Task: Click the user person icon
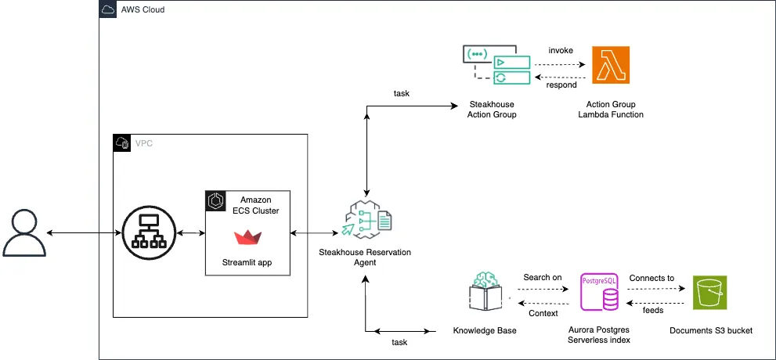click(23, 233)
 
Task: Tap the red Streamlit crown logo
click(247, 237)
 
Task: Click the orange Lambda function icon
click(611, 66)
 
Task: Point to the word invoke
click(560, 50)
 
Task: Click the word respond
click(561, 85)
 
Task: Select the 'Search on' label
click(542, 278)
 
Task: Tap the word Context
click(543, 313)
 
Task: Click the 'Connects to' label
click(651, 278)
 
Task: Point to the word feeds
click(653, 311)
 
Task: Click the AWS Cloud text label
click(141, 10)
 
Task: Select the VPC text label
click(144, 143)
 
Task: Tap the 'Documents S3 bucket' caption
click(710, 330)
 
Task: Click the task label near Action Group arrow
click(401, 94)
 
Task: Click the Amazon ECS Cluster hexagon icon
click(215, 200)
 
